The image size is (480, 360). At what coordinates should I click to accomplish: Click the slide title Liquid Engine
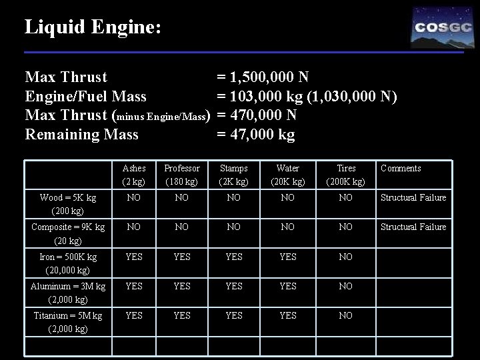tap(93, 27)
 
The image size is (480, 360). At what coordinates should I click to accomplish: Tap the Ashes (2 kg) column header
tap(134, 175)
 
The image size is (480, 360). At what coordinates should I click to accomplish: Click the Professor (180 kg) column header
tap(181, 175)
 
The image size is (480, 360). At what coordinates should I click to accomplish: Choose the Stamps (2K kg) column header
tap(233, 175)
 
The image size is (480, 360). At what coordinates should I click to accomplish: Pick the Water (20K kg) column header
tap(287, 175)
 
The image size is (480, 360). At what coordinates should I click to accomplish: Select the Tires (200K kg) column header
tap(346, 175)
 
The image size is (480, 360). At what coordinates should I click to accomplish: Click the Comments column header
tap(401, 169)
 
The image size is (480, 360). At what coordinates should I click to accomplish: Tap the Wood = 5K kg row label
tap(67, 203)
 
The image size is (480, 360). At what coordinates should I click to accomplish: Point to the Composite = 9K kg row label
tap(67, 233)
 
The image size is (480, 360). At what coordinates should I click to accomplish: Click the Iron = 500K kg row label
tap(67, 263)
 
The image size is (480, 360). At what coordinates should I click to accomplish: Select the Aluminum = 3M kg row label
tap(67, 292)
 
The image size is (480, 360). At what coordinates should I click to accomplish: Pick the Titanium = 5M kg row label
tap(67, 321)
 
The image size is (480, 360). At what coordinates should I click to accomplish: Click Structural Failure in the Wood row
tap(413, 198)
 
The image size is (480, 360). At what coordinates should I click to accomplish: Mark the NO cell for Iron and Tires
tap(345, 257)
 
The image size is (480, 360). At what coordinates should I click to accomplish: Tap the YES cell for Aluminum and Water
tap(287, 286)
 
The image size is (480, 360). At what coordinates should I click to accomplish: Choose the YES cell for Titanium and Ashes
tap(134, 315)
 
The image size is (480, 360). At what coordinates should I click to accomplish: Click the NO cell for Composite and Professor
tap(181, 227)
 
